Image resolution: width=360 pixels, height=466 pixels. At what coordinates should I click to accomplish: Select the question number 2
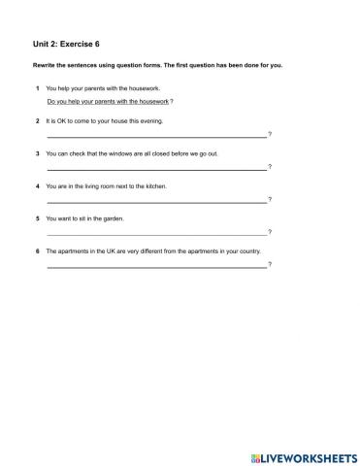coord(36,121)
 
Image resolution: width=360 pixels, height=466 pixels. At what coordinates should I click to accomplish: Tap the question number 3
coord(36,153)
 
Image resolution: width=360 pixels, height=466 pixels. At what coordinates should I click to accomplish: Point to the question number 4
coord(36,186)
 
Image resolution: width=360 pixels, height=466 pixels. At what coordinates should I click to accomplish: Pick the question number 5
coord(36,218)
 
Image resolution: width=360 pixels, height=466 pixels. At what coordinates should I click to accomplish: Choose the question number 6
coord(36,250)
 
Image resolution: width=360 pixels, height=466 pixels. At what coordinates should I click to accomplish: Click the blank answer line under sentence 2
coord(155,136)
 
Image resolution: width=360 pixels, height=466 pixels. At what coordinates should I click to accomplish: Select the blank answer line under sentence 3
coord(155,169)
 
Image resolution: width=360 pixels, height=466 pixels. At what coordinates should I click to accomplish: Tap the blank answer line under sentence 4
coord(155,201)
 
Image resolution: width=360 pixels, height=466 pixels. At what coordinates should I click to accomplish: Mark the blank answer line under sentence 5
coord(155,234)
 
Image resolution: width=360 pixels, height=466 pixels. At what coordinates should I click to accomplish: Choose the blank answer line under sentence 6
coord(155,266)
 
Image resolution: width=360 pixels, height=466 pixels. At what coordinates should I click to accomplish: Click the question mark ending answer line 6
coord(270,264)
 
